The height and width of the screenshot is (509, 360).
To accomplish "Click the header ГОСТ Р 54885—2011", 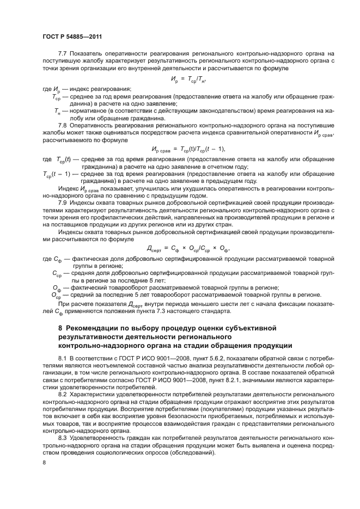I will click(x=72, y=37).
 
